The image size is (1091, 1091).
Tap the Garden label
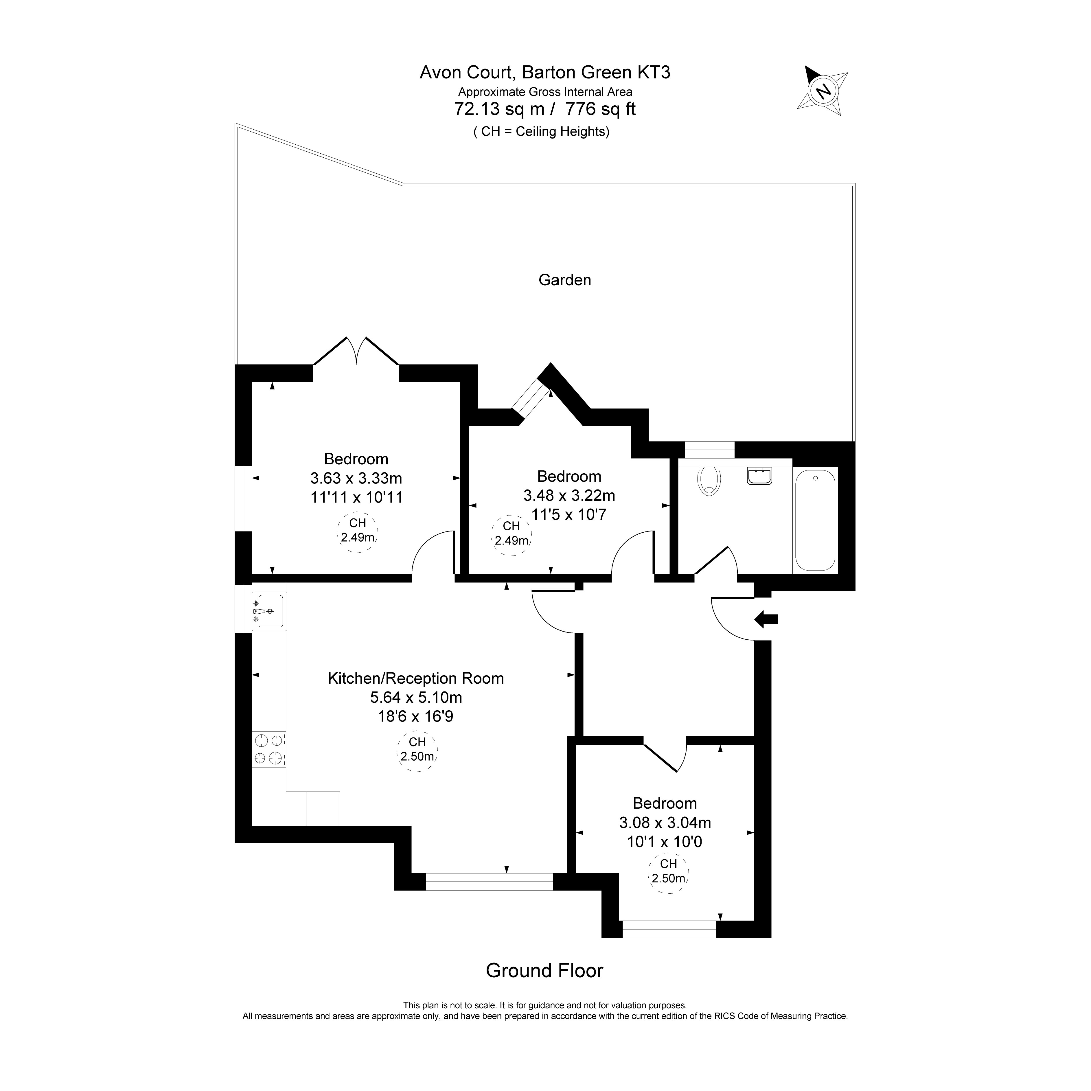pos(565,280)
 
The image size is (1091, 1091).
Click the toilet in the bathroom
pos(709,481)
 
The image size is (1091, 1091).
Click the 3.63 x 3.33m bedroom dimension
pos(356,478)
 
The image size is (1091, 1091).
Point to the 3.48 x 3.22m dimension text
pos(569,496)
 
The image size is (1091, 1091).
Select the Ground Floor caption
pos(544,971)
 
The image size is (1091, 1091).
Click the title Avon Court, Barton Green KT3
pos(545,72)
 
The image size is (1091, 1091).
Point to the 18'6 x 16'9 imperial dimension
pos(416,717)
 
